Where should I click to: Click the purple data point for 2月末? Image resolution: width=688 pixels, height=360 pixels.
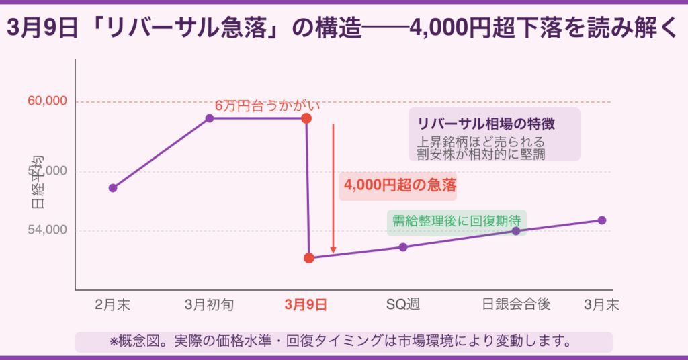[x=113, y=188]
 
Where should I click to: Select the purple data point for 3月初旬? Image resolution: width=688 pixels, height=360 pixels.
[x=210, y=118]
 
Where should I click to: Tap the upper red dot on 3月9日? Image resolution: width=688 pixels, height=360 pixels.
[x=306, y=118]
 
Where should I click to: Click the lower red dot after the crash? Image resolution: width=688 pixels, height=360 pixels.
[x=309, y=258]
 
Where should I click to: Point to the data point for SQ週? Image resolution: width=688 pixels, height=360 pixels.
[x=403, y=247]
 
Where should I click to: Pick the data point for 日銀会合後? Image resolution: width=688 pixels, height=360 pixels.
[x=516, y=231]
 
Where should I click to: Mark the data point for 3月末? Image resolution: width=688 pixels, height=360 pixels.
[x=602, y=220]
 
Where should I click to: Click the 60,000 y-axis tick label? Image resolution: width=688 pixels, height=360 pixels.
[x=47, y=101]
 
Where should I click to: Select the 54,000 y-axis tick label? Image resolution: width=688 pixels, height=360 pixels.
[x=47, y=230]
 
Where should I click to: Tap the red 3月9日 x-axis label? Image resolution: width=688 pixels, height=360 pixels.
[x=306, y=305]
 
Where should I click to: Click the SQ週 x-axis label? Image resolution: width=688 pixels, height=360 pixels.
[x=402, y=305]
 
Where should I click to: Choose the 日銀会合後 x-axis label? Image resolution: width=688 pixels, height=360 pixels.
[x=516, y=305]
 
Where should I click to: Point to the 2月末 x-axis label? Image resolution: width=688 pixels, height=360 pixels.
[x=113, y=305]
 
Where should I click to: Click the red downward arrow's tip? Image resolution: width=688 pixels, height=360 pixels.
[x=333, y=253]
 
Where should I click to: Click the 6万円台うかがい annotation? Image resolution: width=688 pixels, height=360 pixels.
[x=267, y=106]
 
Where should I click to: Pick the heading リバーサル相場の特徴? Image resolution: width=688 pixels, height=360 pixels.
[x=490, y=124]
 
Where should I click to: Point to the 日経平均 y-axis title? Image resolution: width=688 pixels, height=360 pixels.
[x=38, y=181]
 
